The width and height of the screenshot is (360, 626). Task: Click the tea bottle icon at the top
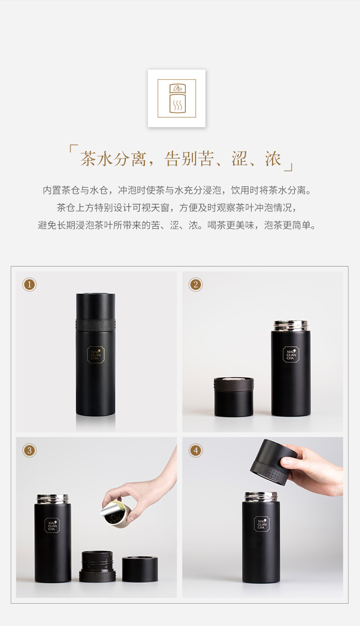point(178,99)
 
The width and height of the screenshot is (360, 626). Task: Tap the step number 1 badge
point(30,284)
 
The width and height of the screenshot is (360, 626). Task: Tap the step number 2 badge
point(196,284)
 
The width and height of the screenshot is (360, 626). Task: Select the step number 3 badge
point(30,450)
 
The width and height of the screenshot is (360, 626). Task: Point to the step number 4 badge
point(196,450)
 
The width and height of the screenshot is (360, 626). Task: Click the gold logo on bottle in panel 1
point(96,354)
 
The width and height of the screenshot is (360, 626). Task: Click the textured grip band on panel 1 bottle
point(96,324)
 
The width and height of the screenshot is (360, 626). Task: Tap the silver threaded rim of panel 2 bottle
point(290,326)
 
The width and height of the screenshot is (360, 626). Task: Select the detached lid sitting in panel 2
point(234,397)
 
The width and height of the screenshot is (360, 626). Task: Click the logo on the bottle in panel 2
point(290,354)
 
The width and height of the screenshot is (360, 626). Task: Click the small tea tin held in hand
point(115,514)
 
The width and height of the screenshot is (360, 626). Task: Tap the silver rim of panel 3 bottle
point(53,499)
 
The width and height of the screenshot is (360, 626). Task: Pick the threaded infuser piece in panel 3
point(97,566)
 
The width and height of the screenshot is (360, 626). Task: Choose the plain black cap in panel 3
point(140,569)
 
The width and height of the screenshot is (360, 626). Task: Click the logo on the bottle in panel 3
point(52,525)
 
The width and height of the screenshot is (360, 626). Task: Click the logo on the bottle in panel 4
point(261,524)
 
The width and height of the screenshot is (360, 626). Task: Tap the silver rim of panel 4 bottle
point(261,497)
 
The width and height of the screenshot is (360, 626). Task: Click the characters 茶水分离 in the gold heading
point(113,159)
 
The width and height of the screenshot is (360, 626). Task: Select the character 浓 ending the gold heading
point(273,159)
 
